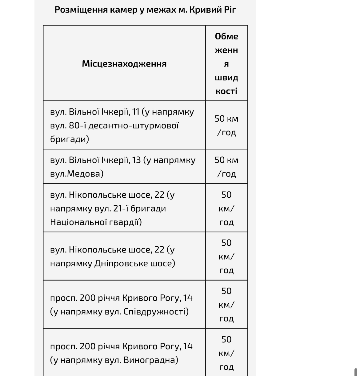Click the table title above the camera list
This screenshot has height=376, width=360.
coord(145,10)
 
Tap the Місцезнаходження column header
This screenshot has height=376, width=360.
coord(124,64)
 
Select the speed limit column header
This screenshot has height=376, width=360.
coord(226,63)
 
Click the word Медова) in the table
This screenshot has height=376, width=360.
coord(85,174)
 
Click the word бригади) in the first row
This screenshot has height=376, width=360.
coord(70,139)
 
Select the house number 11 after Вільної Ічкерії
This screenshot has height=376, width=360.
coord(135,112)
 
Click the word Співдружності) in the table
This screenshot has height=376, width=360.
coord(156,312)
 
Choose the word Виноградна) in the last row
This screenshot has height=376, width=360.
coord(151,360)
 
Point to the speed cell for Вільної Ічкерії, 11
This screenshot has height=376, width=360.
coord(226,125)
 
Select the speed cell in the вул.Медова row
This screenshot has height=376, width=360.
coord(226,167)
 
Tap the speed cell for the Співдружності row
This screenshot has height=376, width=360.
coord(226,305)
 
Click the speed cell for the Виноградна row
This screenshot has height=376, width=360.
coord(226,353)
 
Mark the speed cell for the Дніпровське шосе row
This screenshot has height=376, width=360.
coord(226,257)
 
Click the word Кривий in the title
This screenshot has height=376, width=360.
coord(202,10)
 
